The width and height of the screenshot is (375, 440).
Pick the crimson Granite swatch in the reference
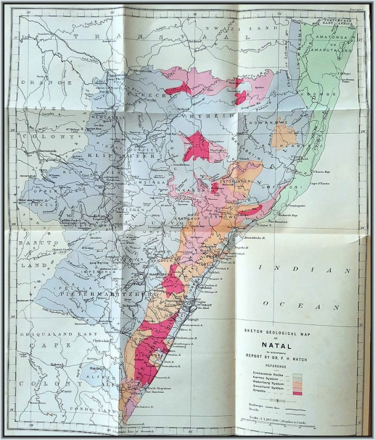[x=297, y=393]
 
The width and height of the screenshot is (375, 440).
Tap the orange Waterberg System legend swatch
[x=297, y=383]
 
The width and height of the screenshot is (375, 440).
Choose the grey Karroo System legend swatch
[x=297, y=378]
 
